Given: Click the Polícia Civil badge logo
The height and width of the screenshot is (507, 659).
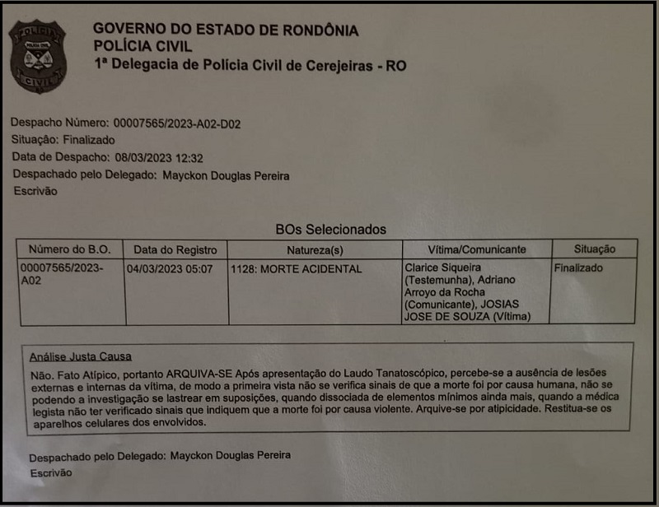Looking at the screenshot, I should click(37, 55).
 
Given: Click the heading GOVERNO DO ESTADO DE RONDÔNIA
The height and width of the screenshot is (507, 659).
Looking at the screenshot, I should click(225, 30).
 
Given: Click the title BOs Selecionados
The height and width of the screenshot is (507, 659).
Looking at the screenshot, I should click(330, 230).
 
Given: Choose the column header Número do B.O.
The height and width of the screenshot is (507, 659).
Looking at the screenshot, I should click(70, 249).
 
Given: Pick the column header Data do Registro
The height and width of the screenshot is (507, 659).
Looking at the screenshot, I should click(175, 249).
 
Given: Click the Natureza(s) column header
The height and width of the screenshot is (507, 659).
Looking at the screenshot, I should click(315, 249).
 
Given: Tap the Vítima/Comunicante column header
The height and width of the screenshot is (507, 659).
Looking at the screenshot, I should click(476, 249).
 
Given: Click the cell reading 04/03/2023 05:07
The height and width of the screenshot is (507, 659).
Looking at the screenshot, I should click(170, 268).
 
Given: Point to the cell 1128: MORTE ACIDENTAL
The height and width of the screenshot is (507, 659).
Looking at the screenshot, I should click(296, 269).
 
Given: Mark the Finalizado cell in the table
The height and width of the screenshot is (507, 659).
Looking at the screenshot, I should click(578, 268).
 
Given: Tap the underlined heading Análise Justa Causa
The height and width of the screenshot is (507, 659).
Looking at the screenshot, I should click(81, 356).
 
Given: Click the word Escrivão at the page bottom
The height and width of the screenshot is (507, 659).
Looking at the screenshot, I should click(51, 473).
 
